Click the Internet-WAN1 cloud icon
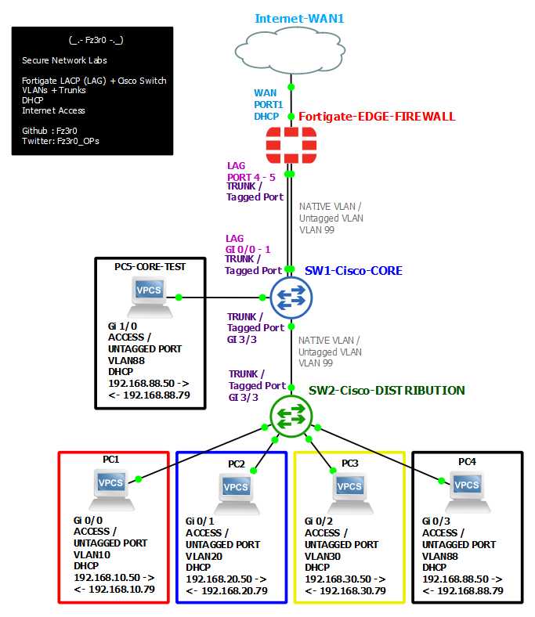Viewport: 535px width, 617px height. [x=290, y=51]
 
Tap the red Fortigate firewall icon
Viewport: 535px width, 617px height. [x=291, y=145]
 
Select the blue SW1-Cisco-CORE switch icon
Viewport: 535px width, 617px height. [x=291, y=298]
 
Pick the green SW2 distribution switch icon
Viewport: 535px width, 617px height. [x=291, y=417]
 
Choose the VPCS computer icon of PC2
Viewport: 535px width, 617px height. [x=237, y=493]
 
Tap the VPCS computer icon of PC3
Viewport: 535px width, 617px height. [x=350, y=493]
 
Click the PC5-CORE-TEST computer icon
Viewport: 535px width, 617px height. [x=150, y=297]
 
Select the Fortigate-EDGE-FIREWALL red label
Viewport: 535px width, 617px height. [x=377, y=117]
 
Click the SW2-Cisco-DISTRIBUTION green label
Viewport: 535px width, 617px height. [x=387, y=391]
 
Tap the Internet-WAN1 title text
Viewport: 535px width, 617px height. [x=299, y=19]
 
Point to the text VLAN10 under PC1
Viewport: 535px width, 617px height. [x=92, y=555]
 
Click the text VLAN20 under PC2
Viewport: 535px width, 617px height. [x=204, y=557]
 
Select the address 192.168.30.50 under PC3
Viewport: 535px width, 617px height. [x=338, y=579]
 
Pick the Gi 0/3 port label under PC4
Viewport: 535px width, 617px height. [x=436, y=521]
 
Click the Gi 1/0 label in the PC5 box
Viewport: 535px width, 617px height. [x=122, y=327]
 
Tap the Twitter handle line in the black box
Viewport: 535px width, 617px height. [x=60, y=141]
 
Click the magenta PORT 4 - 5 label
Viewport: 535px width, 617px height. [x=251, y=178]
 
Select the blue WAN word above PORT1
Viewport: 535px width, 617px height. [x=265, y=93]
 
